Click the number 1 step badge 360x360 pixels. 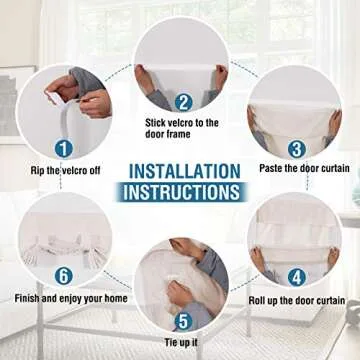coord(64,149)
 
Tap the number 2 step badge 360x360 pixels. coord(183,102)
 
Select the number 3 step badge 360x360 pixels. coord(297,149)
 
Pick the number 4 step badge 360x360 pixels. coord(297,277)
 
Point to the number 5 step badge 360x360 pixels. coord(183,321)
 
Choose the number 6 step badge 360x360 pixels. coord(64,276)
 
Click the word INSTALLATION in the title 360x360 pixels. coord(184,172)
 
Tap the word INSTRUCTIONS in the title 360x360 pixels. coord(182,192)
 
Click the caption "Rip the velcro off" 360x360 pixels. coord(65,171)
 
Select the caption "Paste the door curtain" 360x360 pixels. coord(304,168)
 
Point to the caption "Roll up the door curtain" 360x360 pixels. coord(297,300)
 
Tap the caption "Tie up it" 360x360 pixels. coord(181,342)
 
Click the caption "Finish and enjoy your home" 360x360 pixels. coord(71,298)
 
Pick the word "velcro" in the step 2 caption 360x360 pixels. coord(180,123)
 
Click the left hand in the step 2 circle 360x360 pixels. coord(144,79)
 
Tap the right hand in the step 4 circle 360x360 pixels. coord(333,258)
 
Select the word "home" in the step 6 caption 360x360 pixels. coord(116,298)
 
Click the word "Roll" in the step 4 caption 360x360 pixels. coord(257,300)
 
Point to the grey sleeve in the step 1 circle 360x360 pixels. coord(86,79)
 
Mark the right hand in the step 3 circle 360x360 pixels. coord(335,122)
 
